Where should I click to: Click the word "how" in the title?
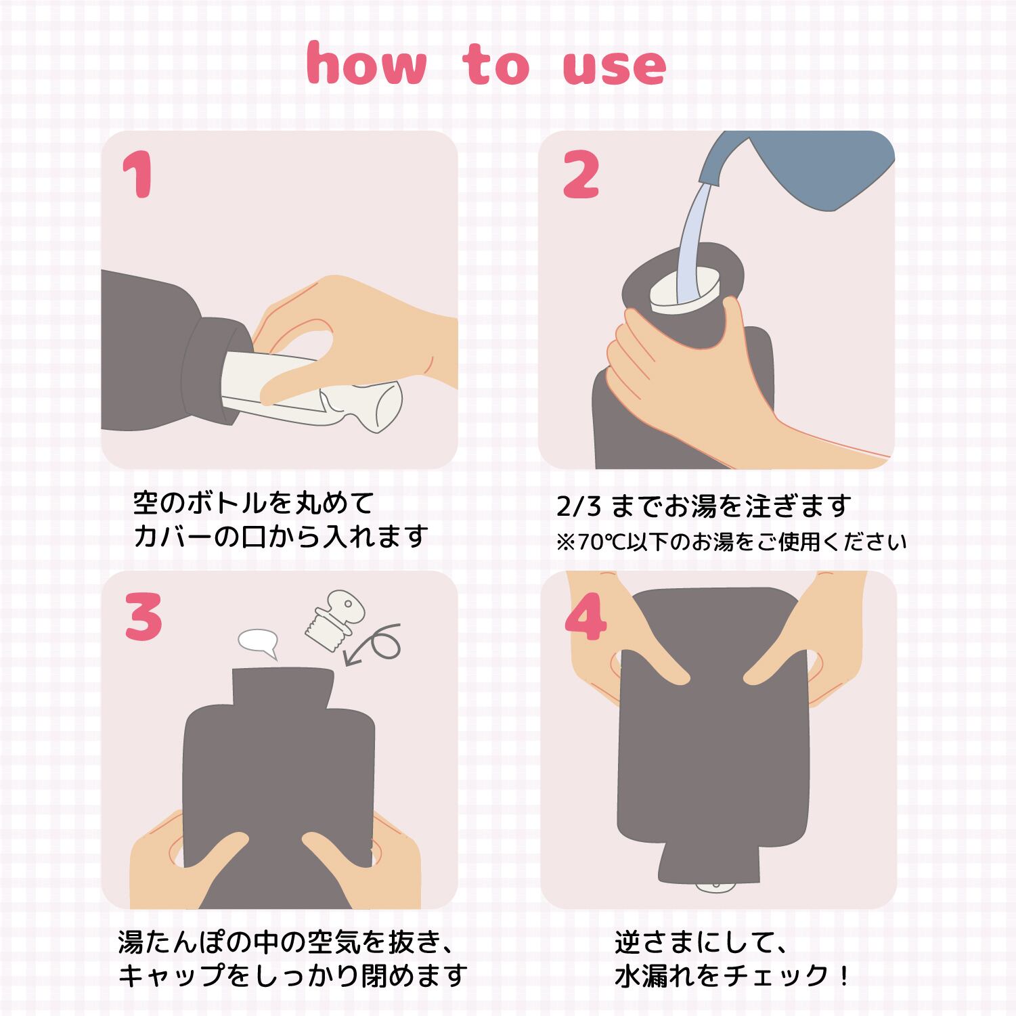click(x=366, y=65)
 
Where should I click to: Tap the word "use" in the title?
click(x=615, y=68)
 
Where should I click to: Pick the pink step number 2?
click(x=581, y=177)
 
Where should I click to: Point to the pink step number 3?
click(x=143, y=617)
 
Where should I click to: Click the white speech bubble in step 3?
click(x=259, y=642)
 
